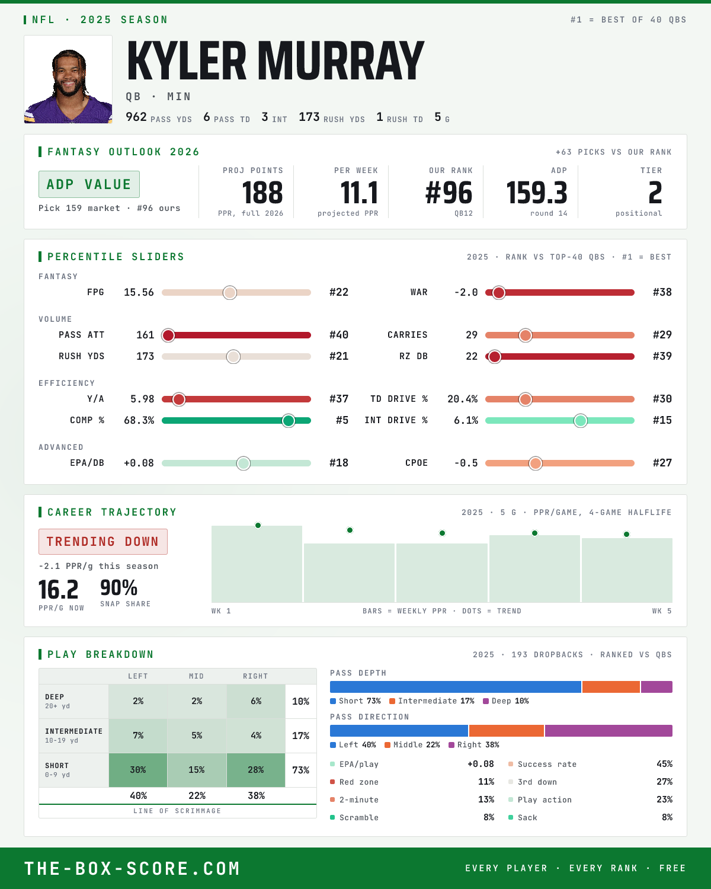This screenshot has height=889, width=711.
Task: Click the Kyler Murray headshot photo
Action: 68,79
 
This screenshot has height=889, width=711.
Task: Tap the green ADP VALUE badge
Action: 89,184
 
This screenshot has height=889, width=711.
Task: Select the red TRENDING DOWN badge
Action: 103,542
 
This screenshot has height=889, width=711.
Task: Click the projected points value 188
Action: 262,193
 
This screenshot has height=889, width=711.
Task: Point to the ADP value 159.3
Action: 537,193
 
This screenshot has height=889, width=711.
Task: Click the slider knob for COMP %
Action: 289,421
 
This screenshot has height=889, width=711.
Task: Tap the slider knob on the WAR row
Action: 499,292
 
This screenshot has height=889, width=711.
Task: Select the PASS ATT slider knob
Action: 168,335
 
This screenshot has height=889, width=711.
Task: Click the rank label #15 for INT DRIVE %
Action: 662,420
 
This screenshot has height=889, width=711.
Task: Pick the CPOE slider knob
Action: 536,463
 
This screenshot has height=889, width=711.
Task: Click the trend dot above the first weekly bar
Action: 258,526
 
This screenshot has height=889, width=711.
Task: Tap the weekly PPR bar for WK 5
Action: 627,570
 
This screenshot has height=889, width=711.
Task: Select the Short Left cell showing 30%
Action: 138,770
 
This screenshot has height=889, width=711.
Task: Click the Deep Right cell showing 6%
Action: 256,701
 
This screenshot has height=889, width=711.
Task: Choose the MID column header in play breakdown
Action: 197,676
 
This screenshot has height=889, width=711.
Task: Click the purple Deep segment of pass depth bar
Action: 656,687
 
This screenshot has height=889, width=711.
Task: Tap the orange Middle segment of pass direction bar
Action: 507,731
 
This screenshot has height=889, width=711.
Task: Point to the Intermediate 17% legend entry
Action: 432,701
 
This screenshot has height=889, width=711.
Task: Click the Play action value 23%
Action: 664,800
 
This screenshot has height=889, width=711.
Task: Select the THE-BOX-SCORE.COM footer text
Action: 132,868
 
